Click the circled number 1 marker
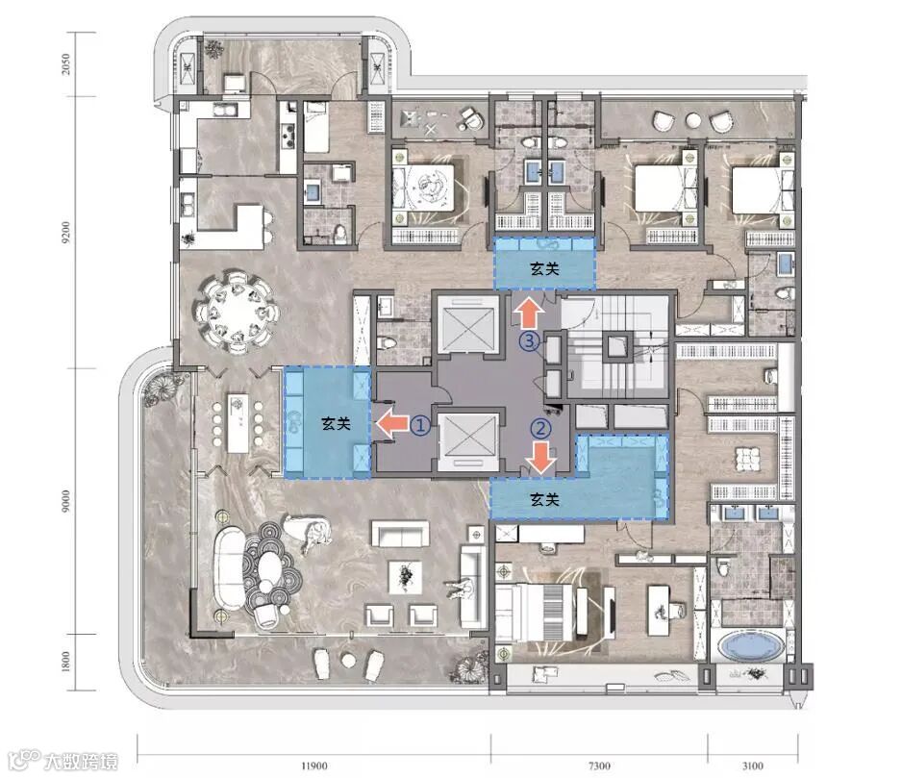point(420,425)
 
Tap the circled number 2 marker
point(540,428)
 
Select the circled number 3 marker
point(529,341)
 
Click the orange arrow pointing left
point(391,424)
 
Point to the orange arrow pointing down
point(542,458)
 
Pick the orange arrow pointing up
point(529,314)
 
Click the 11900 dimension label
point(314,765)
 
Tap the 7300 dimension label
point(599,765)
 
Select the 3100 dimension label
point(752,765)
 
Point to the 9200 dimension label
point(65,232)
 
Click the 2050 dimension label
point(65,63)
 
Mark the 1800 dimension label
point(65,662)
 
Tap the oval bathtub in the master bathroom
point(753,648)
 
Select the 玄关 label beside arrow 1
point(336,424)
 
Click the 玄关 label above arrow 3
point(544,268)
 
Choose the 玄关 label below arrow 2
point(544,499)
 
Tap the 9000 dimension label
point(65,502)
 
